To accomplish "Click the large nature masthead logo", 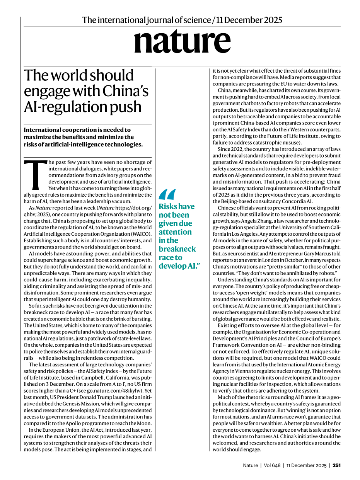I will pyautogui.click(x=182, y=42).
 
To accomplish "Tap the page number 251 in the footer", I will pyautogui.click(x=336, y=465).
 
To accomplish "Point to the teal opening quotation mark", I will pyautogui.click(x=167, y=194).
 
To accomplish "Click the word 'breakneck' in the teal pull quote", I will pyautogui.click(x=177, y=249).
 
